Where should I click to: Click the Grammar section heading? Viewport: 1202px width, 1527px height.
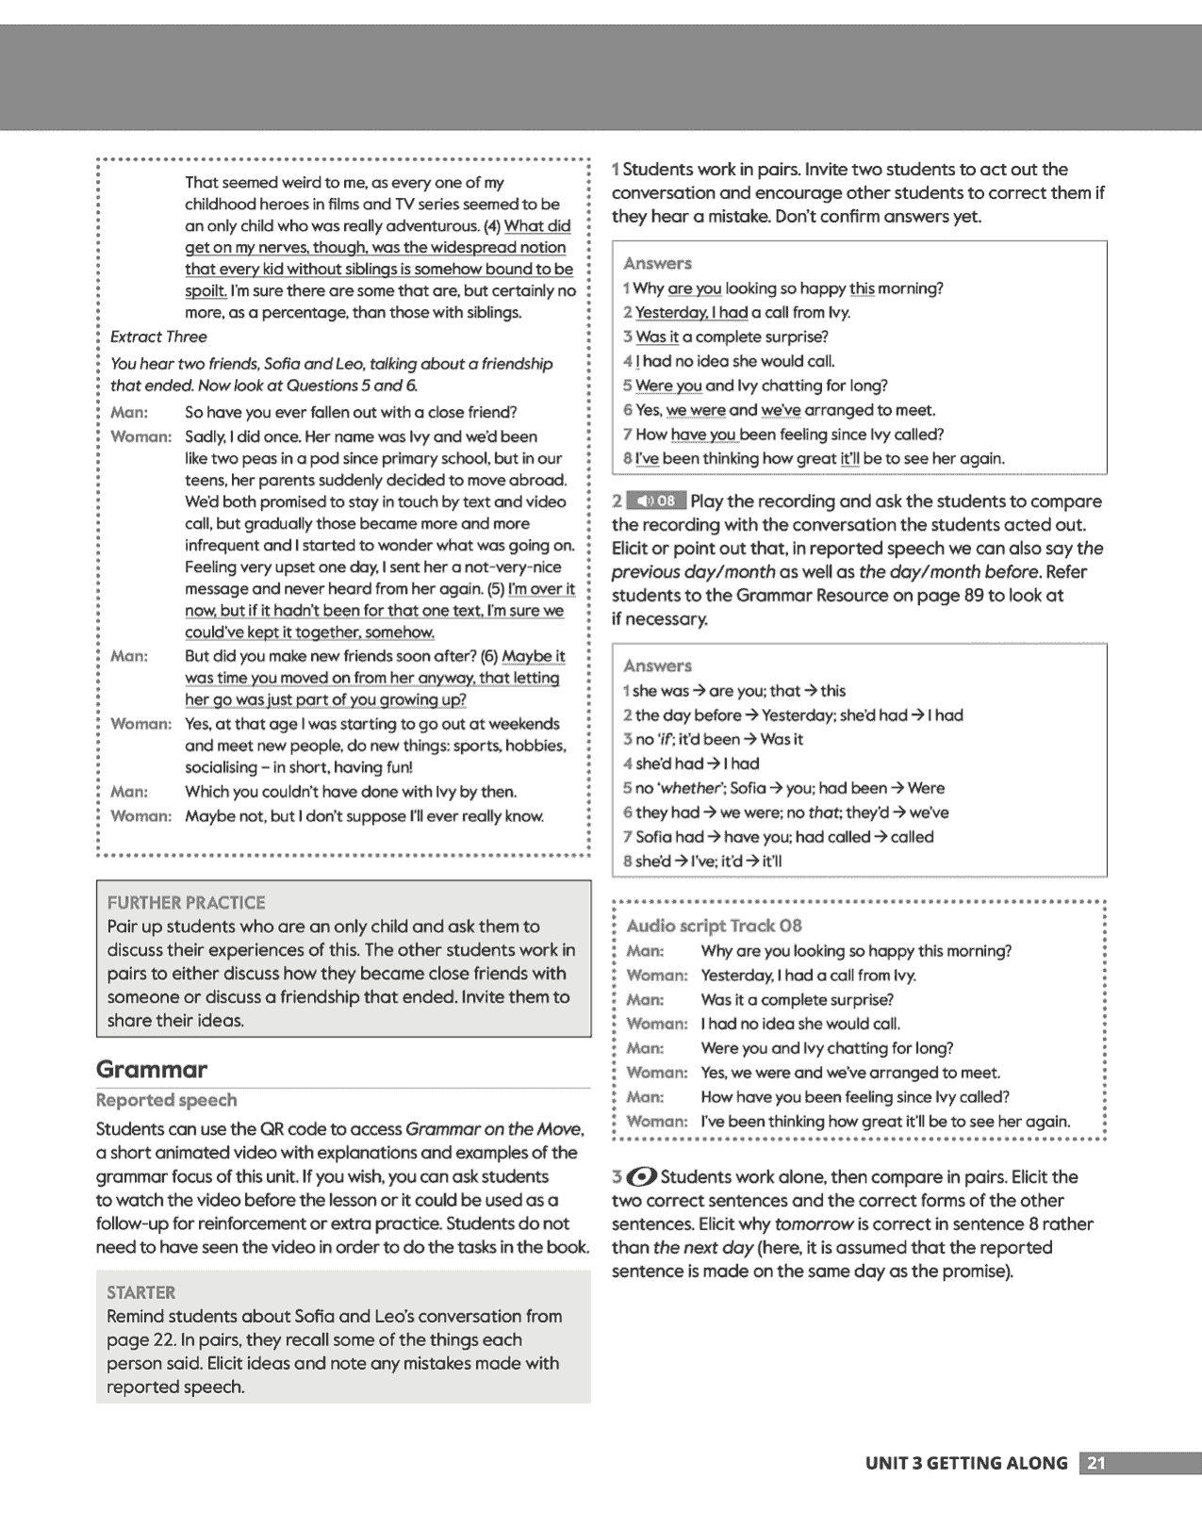tap(151, 1070)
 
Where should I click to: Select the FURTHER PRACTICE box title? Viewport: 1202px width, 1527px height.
tap(186, 902)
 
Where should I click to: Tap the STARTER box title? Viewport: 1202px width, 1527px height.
tap(140, 1292)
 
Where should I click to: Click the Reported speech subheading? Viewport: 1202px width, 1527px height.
tap(166, 1100)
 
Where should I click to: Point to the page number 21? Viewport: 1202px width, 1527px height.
tap(1095, 1463)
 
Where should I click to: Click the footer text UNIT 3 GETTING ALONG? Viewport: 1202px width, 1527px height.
tap(965, 1463)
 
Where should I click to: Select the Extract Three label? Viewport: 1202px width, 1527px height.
tap(158, 337)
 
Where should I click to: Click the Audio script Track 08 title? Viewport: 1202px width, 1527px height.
tap(714, 926)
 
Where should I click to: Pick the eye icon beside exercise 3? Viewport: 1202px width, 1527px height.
tap(641, 1176)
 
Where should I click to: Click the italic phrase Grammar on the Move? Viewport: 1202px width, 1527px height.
tap(493, 1129)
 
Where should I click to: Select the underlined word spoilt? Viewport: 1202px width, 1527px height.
tap(205, 291)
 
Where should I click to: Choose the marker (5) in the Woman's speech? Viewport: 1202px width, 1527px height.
tap(495, 589)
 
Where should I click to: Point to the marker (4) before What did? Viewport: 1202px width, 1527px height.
tap(491, 226)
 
